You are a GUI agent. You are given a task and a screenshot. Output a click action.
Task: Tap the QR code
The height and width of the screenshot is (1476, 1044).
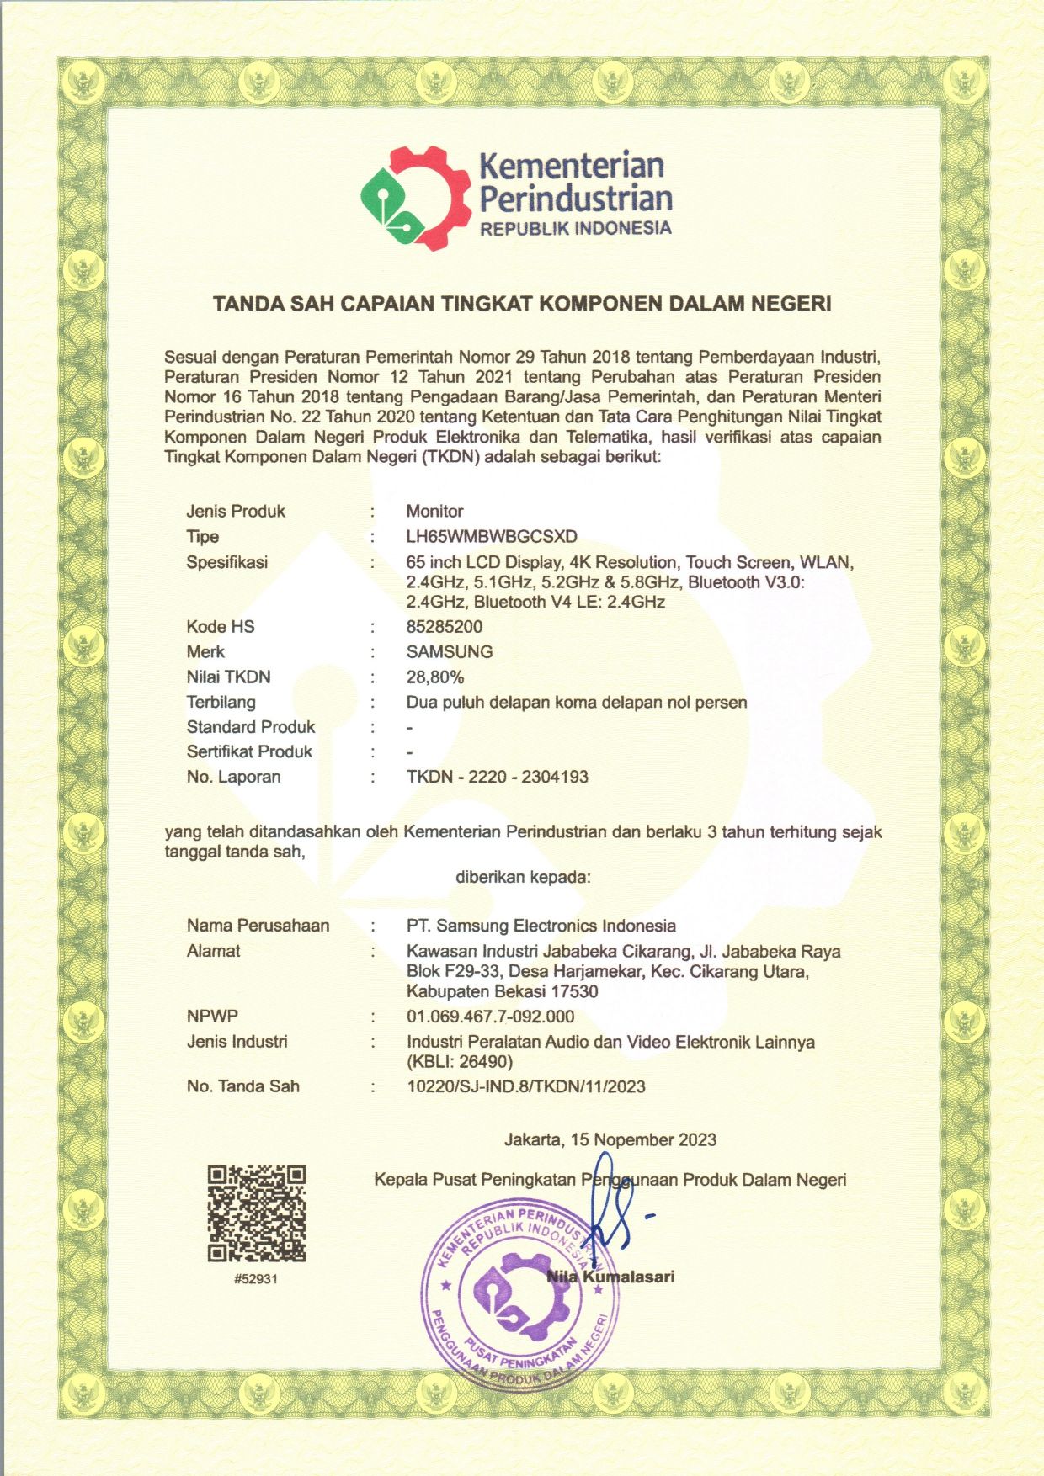(257, 1213)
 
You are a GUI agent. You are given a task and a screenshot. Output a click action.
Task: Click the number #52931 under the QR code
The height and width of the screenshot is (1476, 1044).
(257, 1279)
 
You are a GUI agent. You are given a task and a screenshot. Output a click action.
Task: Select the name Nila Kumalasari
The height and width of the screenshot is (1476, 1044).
(610, 1277)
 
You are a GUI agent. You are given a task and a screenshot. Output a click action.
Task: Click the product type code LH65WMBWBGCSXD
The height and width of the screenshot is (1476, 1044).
(492, 537)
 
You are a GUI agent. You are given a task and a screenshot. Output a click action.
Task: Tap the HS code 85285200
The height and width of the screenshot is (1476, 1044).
(445, 627)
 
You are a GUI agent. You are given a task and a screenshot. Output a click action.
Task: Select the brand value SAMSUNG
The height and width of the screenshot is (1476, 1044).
(450, 652)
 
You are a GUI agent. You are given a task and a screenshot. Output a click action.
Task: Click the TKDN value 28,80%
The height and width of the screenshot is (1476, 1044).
(435, 677)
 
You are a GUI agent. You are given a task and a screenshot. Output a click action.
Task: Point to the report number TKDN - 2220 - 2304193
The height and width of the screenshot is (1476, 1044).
(498, 777)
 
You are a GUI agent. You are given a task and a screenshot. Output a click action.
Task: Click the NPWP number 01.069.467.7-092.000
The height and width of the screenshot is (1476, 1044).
(491, 1017)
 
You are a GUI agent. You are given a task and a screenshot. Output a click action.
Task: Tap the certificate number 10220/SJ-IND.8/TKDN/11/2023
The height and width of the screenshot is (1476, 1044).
(526, 1086)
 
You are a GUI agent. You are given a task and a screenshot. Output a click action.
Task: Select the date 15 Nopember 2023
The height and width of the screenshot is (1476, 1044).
(643, 1140)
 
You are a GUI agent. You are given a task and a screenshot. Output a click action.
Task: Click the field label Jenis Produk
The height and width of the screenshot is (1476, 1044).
(236, 512)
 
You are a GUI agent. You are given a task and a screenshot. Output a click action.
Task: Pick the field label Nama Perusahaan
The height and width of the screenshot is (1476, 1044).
(258, 926)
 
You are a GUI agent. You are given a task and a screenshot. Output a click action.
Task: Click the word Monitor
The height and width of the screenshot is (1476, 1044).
(434, 512)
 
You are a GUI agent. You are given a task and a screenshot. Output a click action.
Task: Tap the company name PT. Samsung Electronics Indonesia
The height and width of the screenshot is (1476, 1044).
(541, 926)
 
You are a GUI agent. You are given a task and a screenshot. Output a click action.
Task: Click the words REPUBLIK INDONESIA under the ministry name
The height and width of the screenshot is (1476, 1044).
(576, 228)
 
